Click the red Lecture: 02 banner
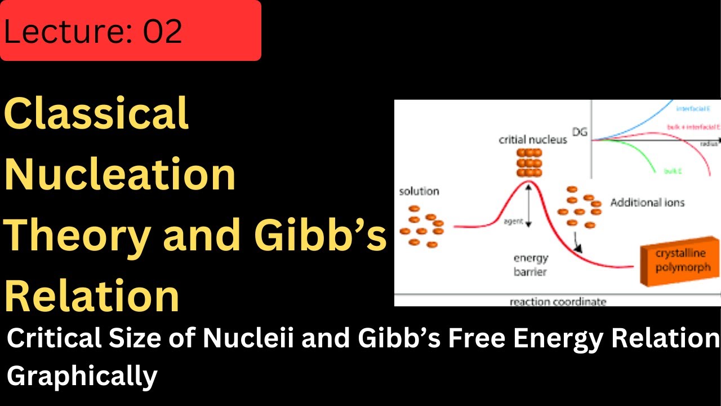(x=130, y=30)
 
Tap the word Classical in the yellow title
(x=96, y=113)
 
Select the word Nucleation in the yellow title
(x=120, y=174)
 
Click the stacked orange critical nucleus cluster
(x=528, y=163)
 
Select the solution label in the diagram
(x=419, y=191)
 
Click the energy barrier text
(x=530, y=264)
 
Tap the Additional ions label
(x=647, y=202)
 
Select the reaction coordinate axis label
(x=558, y=301)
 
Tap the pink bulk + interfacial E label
(x=693, y=127)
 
